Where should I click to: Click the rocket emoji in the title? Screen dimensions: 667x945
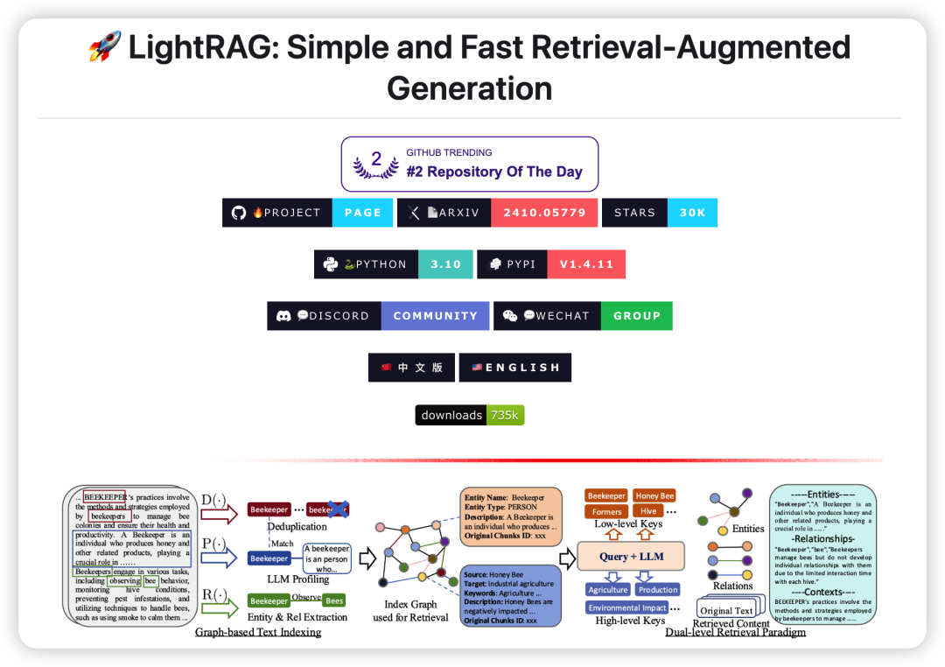point(104,47)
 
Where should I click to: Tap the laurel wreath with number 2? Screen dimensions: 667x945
point(375,164)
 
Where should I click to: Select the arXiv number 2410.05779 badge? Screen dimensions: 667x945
point(544,213)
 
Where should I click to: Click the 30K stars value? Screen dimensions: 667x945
point(692,213)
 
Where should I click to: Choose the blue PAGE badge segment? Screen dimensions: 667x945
point(362,213)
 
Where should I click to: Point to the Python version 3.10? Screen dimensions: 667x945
point(445,264)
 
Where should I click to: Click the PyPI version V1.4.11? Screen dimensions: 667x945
point(586,264)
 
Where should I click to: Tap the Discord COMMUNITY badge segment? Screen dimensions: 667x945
point(435,316)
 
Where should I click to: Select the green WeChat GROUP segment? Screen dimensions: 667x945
point(636,316)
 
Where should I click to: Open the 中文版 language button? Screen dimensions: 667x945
point(411,368)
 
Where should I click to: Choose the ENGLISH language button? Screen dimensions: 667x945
point(514,368)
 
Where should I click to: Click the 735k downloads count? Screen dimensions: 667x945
point(504,415)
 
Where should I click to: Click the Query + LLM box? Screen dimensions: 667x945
point(631,556)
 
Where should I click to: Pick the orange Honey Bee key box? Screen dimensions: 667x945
point(654,495)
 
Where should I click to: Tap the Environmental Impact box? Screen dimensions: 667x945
point(627,607)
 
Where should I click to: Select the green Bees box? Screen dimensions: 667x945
point(334,600)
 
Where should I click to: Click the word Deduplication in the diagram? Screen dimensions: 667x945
point(297,527)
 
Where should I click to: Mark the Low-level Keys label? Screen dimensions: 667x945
point(628,524)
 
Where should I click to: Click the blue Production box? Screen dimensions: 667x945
point(658,589)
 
